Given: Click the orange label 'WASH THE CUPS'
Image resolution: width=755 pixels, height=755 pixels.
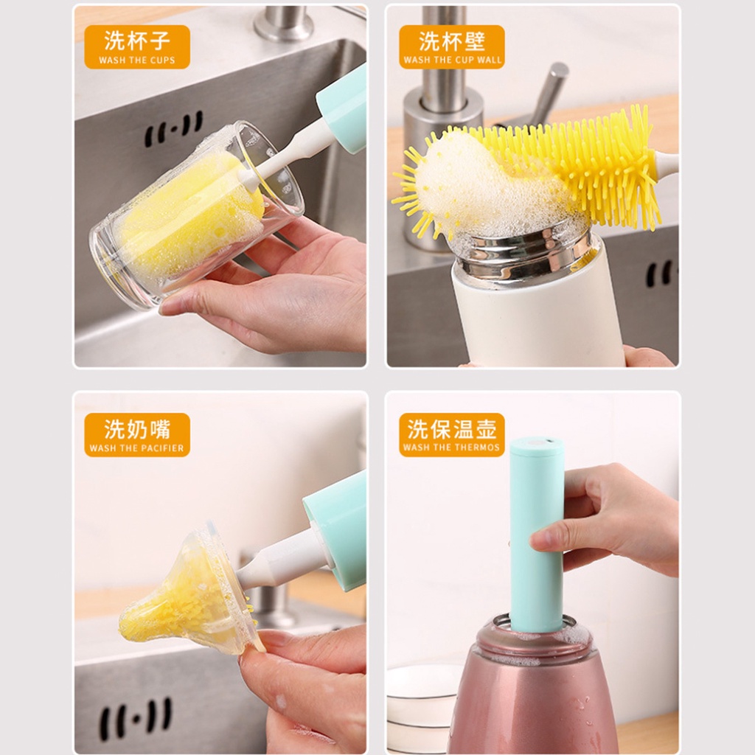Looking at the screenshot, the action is (137, 46).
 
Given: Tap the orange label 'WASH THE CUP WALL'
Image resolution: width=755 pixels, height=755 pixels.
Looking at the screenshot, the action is (452, 46).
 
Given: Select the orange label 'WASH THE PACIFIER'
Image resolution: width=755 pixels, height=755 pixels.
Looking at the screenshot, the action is (137, 435).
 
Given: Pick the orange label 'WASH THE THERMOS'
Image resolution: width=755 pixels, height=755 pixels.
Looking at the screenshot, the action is (452, 435).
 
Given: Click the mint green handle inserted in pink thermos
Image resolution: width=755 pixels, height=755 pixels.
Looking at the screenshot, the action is (537, 535).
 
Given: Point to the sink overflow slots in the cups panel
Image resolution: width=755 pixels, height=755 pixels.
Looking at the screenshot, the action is (174, 128).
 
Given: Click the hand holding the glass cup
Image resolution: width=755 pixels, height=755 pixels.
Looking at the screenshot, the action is (270, 289).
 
